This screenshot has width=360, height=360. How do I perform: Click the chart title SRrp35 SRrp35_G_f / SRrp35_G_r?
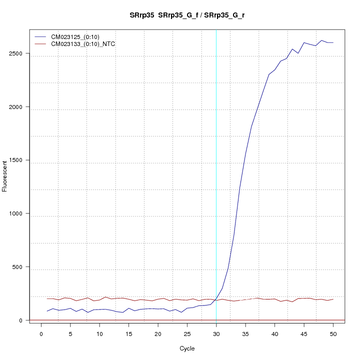tap(187, 15)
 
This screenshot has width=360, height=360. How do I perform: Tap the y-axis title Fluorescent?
tap(5, 176)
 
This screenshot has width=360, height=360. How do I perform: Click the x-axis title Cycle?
tap(187, 348)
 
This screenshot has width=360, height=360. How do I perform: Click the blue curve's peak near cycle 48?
tap(321, 40)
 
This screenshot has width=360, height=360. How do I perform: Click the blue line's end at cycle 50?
tap(333, 42)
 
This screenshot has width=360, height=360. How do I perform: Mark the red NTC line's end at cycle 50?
tap(333, 299)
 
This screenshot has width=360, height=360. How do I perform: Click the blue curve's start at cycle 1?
tap(47, 311)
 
